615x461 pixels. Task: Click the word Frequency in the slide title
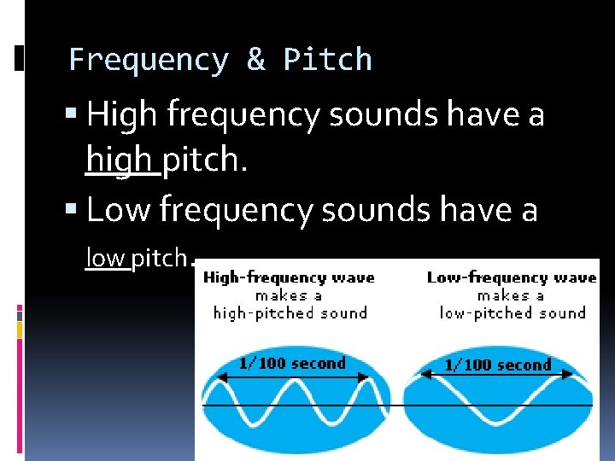click(x=149, y=60)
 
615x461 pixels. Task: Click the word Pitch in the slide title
click(x=328, y=60)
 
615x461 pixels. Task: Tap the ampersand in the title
click(x=255, y=60)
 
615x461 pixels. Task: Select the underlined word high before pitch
click(x=121, y=160)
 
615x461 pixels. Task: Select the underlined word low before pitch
click(x=106, y=257)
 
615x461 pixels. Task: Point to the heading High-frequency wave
click(x=289, y=277)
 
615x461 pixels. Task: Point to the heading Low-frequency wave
click(x=511, y=277)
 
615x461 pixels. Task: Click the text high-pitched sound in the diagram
click(x=289, y=312)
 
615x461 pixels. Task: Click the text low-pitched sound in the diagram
click(x=512, y=312)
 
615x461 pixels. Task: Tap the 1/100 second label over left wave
click(x=291, y=363)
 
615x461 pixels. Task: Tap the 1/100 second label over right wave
click(x=497, y=365)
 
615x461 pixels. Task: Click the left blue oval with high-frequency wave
click(x=295, y=410)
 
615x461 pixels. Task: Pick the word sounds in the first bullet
click(x=363, y=115)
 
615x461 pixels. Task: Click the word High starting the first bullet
click(x=125, y=115)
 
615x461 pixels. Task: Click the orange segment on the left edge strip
click(x=20, y=327)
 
